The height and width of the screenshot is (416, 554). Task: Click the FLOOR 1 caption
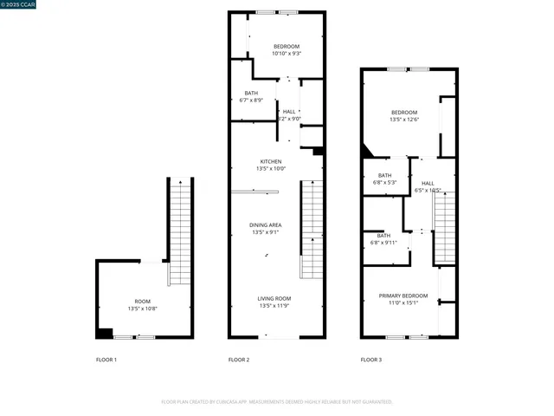(x=106, y=360)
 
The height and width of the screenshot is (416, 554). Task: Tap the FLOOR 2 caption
(x=238, y=360)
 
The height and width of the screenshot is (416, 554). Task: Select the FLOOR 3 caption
(x=370, y=360)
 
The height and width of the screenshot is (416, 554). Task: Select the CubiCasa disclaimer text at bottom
(x=277, y=401)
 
